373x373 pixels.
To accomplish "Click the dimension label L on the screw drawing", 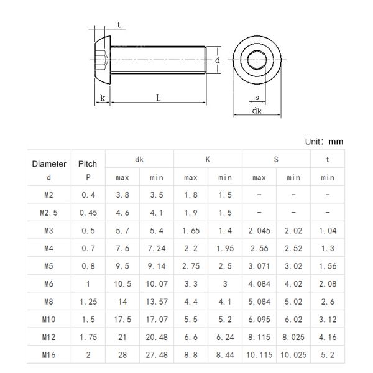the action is pos(158,98).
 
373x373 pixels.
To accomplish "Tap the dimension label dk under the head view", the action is pos(257,111).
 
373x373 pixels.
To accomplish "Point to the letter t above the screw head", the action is pos(119,25).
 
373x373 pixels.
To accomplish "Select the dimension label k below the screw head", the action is pos(103,98).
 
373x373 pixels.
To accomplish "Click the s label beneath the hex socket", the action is pos(257,98).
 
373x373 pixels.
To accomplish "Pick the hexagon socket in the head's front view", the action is pos(257,60).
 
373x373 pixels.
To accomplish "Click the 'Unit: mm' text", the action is pos(324,142).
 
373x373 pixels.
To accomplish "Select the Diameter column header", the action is pos(49,164).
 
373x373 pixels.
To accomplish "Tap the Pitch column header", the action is pos(88,164).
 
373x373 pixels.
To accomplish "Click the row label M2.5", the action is pos(48,213).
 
